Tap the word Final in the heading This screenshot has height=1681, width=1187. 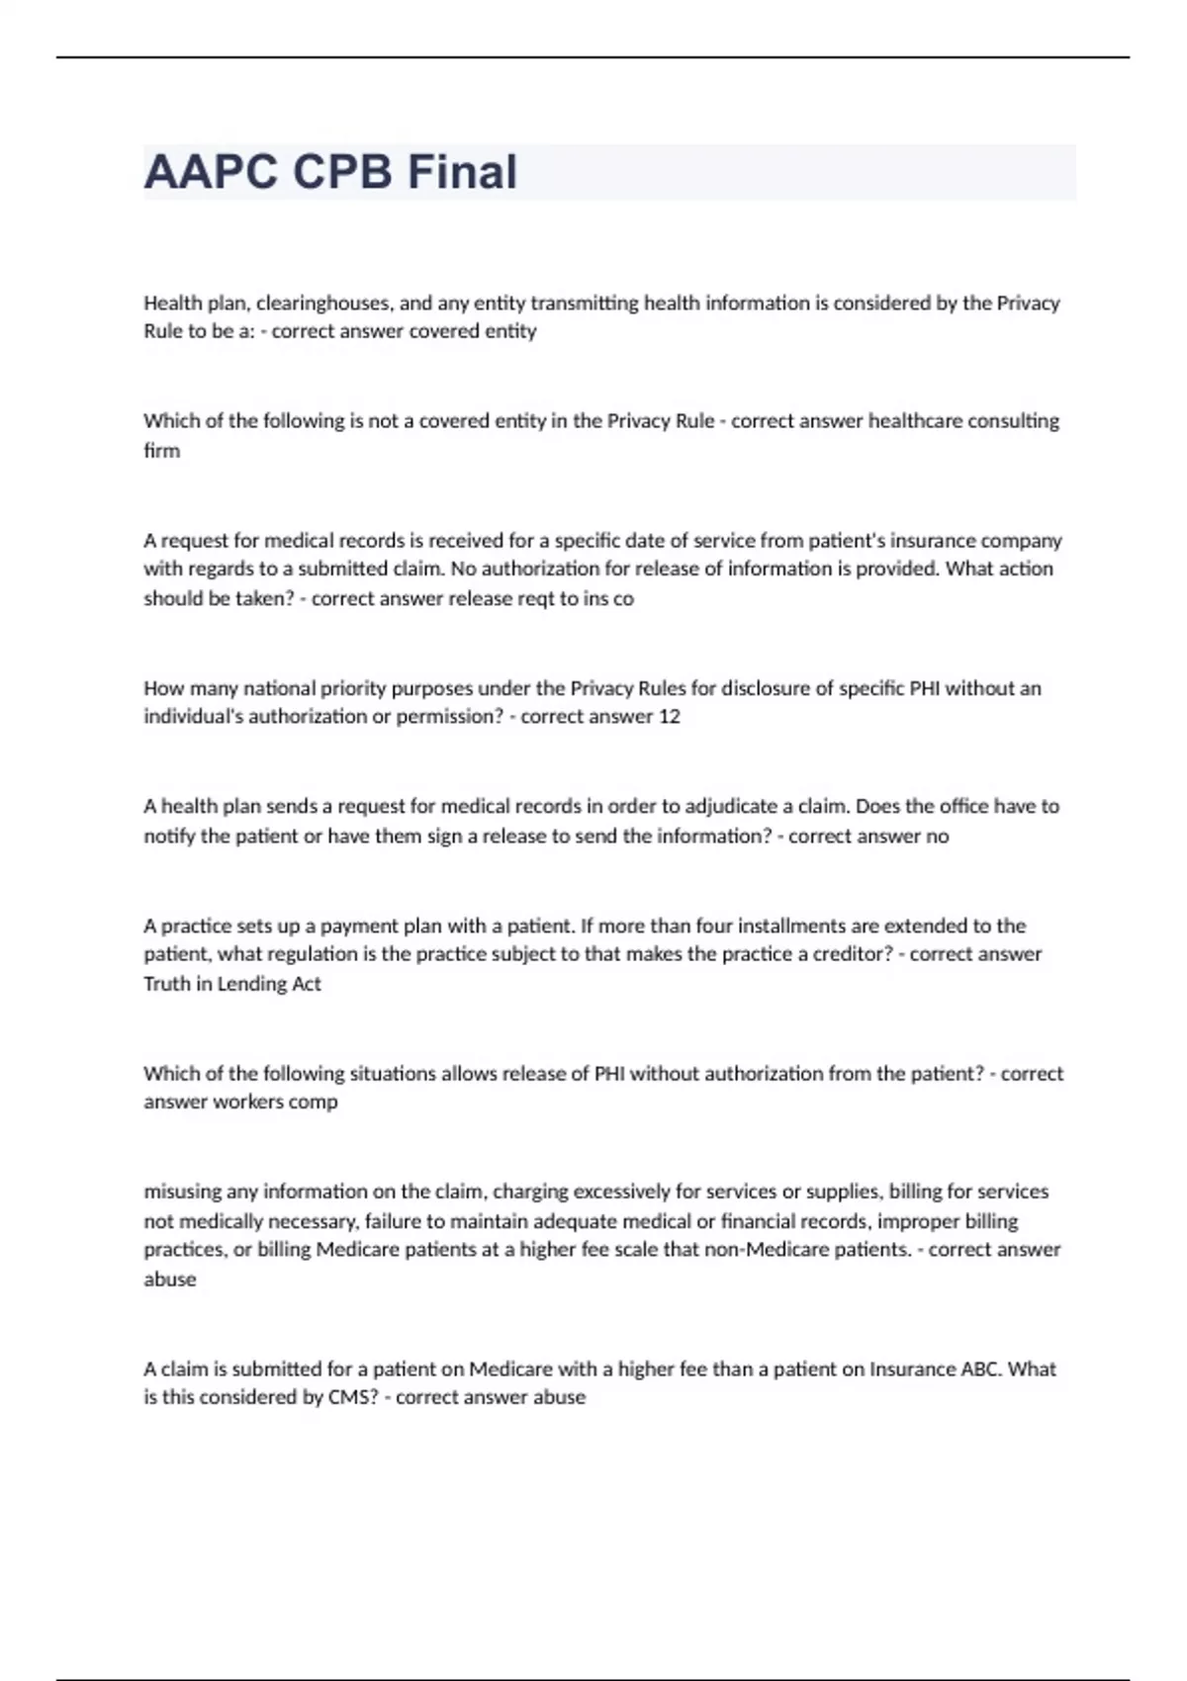(462, 172)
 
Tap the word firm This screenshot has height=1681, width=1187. (161, 450)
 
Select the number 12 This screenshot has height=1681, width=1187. (669, 716)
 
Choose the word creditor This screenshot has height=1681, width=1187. (852, 953)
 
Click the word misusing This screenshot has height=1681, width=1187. (182, 1192)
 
